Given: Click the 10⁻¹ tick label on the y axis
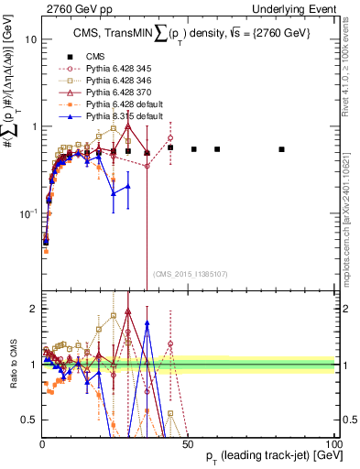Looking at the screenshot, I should [28, 213].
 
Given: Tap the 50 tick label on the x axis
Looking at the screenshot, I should [188, 444].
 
